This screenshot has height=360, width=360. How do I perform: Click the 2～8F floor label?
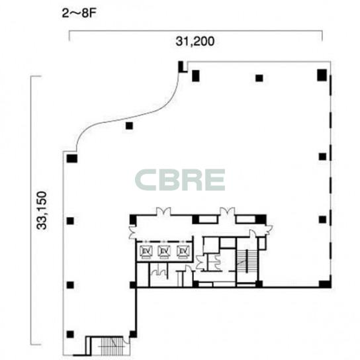(x=79, y=13)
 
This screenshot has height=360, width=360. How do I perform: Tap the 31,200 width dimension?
(x=195, y=42)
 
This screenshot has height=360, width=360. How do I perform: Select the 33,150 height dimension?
(x=42, y=210)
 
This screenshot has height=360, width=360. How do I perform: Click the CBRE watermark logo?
(x=180, y=180)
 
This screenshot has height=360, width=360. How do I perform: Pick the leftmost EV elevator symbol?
(x=146, y=252)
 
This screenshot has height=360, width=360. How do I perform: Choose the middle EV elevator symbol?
(x=164, y=252)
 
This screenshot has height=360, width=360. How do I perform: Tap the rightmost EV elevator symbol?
(x=183, y=252)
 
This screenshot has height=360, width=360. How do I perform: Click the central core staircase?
(x=247, y=261)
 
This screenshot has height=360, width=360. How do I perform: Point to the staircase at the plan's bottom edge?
(x=112, y=347)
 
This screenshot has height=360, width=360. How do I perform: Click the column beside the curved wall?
(x=129, y=126)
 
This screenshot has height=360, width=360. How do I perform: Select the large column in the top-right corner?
(x=322, y=75)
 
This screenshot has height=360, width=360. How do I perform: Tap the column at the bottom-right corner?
(x=325, y=285)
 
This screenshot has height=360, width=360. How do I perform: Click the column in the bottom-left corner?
(x=70, y=334)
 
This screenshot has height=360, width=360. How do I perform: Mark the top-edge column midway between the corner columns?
(x=259, y=78)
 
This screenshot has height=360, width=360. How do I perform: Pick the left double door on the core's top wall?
(x=163, y=212)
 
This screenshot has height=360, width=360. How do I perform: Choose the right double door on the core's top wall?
(x=227, y=212)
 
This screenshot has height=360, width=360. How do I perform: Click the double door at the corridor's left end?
(x=132, y=232)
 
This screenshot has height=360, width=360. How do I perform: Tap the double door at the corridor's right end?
(x=268, y=230)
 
